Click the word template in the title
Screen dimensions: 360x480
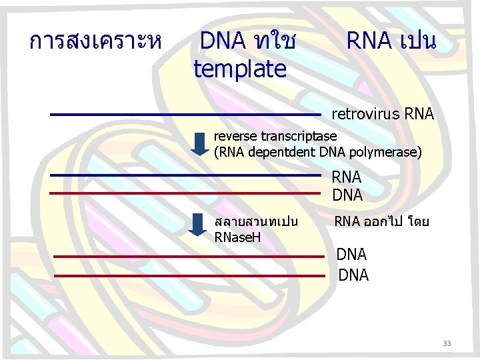point(239,68)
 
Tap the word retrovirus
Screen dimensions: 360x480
point(365,114)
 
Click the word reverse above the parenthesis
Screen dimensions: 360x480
point(235,136)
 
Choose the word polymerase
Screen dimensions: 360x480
point(387,152)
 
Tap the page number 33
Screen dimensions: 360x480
point(447,343)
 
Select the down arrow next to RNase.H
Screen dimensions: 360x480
point(197,225)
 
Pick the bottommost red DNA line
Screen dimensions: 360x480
point(189,275)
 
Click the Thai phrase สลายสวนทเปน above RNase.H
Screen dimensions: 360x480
point(256,221)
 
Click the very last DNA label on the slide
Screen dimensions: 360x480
point(353,275)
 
